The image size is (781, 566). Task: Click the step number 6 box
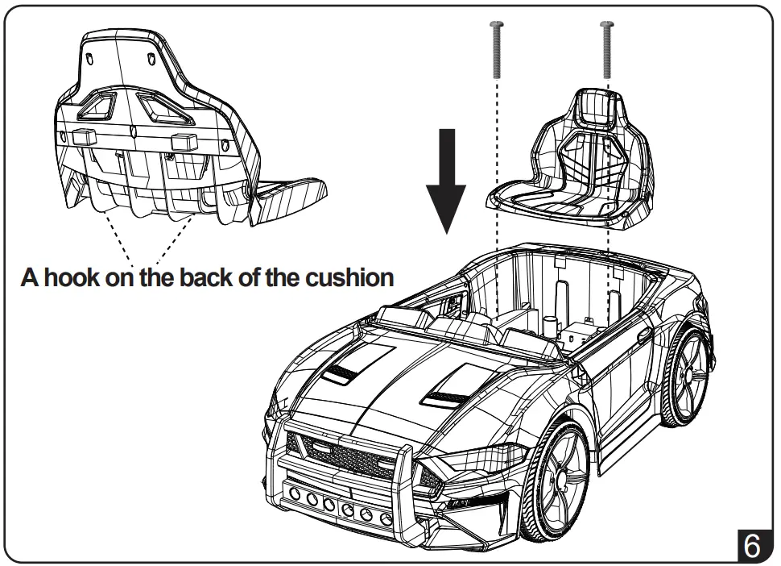[750, 545]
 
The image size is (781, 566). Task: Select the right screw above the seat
[606, 48]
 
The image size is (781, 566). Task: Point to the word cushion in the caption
[348, 278]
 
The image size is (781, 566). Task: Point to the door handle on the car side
[643, 334]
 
